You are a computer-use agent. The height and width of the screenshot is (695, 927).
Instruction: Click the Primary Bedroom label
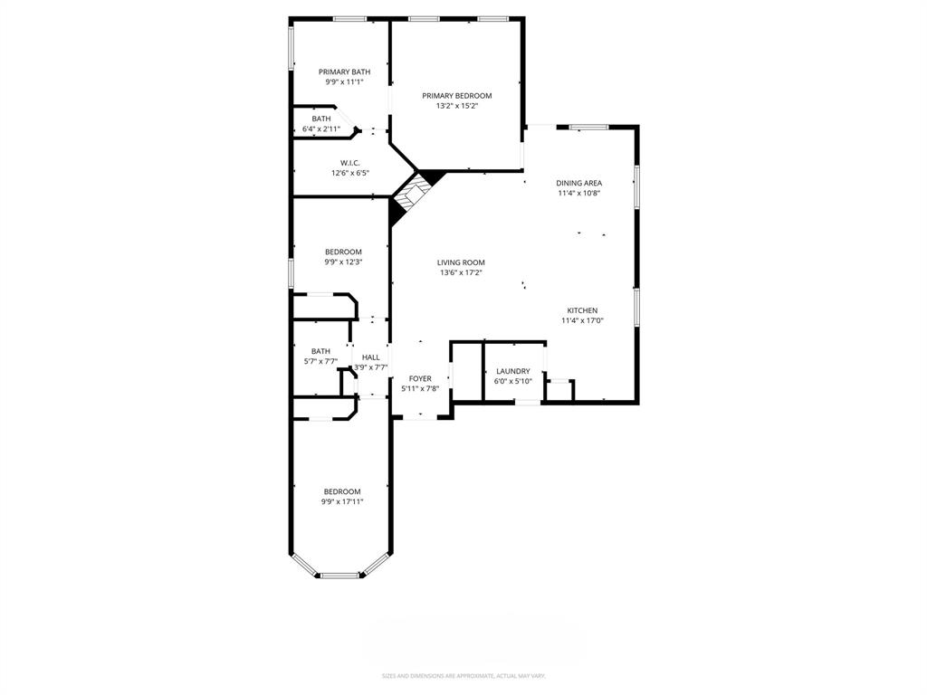pos(456,96)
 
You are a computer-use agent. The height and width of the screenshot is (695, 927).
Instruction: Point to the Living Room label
pos(461,262)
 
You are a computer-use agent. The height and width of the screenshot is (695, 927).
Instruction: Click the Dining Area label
pos(578,183)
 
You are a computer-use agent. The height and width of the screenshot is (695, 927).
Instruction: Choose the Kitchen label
pos(579,310)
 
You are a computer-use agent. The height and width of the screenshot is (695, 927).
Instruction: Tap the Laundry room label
pos(512,371)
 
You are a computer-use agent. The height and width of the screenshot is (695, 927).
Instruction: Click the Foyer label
pos(420,378)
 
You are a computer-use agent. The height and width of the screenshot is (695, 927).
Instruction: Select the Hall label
pos(371,357)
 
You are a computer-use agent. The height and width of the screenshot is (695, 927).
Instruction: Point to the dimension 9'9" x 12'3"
pos(343,262)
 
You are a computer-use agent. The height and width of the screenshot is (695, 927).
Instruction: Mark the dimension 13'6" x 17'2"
pos(461,272)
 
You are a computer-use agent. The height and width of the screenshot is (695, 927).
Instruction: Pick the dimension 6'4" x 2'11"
pos(321,129)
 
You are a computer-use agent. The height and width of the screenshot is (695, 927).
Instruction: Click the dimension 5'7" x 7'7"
pos(320,361)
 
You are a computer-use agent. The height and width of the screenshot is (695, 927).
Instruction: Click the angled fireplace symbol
pos(416,192)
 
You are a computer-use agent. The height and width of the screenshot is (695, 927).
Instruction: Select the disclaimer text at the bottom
pos(463,676)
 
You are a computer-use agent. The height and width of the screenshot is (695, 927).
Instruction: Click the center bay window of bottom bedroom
pos(340,574)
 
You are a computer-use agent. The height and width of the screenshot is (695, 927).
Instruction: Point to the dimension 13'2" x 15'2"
pos(456,106)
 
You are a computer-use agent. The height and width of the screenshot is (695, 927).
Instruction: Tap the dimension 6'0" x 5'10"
pos(512,381)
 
